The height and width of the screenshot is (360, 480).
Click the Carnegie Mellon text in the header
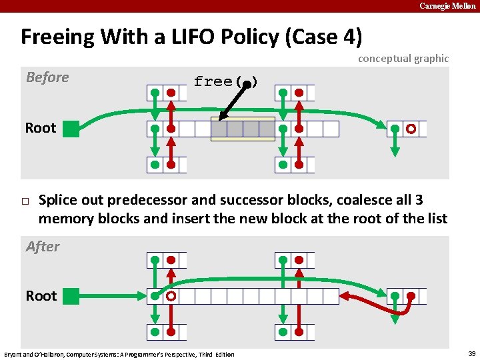click(x=447, y=6)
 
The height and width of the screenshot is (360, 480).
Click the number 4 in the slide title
click(x=351, y=37)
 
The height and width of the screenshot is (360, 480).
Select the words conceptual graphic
click(x=403, y=59)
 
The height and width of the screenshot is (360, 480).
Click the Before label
click(x=47, y=77)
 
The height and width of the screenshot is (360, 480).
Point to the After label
click(x=43, y=247)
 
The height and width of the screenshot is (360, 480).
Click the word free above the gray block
click(x=213, y=82)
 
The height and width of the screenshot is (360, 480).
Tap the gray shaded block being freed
click(x=243, y=129)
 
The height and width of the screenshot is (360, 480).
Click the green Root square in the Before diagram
click(x=71, y=129)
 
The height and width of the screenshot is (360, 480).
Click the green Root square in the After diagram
click(x=71, y=295)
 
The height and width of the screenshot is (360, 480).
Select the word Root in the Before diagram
click(x=41, y=128)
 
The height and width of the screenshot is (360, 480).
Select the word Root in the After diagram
click(x=41, y=295)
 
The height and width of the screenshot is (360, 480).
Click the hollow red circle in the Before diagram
click(x=411, y=129)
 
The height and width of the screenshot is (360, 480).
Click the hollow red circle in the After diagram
click(x=171, y=295)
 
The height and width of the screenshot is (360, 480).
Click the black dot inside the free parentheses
click(x=247, y=84)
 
